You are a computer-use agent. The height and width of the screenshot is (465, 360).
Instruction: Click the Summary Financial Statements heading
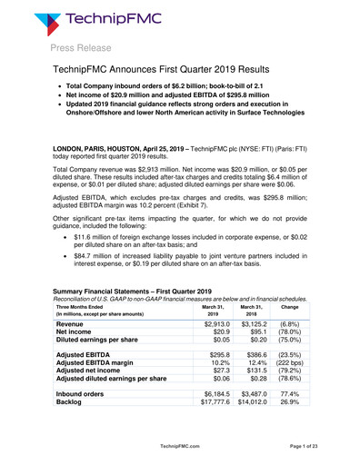[x=130, y=317]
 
